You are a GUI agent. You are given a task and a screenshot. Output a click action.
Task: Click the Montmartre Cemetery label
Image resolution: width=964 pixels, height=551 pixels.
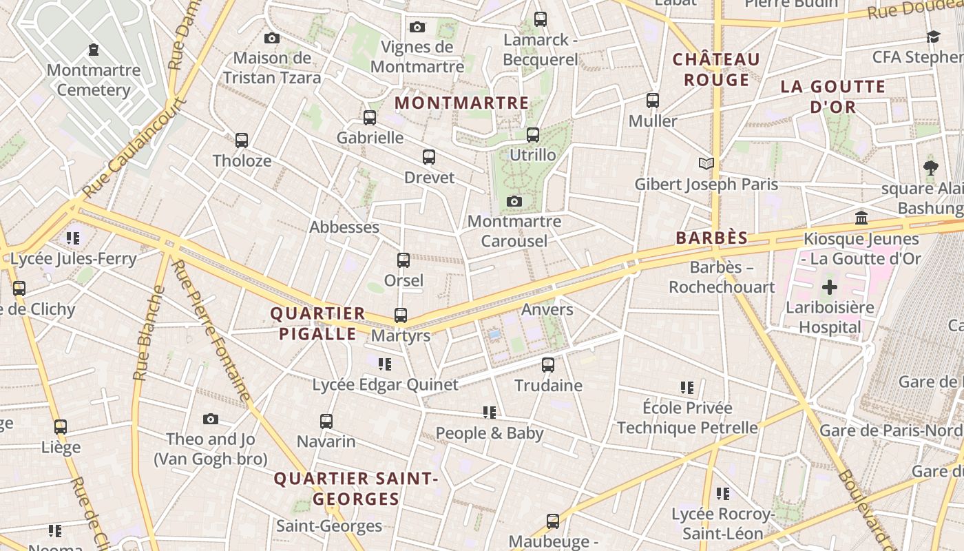pos(94,80)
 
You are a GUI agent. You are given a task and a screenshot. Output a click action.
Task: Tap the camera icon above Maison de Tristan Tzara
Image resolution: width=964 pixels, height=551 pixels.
pos(272,39)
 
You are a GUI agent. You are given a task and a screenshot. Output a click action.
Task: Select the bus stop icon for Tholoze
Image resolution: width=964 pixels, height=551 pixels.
pos(242,141)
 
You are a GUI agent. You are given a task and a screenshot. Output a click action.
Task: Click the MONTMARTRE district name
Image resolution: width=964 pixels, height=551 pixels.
pos(461,103)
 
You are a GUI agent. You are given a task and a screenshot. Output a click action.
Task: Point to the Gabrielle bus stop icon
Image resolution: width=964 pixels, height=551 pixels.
pos(370,118)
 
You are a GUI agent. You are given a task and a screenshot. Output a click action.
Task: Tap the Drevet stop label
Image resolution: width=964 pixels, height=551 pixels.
pos(429,178)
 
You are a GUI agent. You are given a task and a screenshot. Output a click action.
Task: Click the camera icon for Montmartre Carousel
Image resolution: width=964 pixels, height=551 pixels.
pos(514,202)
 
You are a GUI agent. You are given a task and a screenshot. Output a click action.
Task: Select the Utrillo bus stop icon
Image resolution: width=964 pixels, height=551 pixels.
pos(533,135)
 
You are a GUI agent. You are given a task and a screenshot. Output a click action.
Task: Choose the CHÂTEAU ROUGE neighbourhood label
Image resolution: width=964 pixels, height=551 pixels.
pos(716,70)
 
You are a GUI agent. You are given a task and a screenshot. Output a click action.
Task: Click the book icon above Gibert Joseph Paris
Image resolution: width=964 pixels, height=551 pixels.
pos(706,163)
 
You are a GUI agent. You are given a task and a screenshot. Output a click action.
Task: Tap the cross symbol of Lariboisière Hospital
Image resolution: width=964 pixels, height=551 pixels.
pos(830,287)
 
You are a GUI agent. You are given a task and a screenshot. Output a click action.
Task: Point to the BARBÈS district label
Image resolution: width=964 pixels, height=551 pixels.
pos(711,238)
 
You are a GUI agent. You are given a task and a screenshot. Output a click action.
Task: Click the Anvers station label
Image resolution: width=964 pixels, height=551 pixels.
pos(547,309)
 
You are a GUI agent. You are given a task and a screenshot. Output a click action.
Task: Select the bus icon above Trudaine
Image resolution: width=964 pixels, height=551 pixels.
pos(548,365)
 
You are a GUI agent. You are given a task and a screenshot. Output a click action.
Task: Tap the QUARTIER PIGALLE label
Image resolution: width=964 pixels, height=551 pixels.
pos(317,324)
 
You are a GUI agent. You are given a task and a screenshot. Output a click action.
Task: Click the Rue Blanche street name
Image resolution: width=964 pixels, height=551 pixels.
pos(149,333)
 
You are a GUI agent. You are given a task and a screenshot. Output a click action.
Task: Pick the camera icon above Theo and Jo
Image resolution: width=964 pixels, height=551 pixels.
pos(211,419)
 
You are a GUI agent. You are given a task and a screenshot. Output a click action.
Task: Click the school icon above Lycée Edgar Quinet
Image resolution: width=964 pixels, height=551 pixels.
pos(385,364)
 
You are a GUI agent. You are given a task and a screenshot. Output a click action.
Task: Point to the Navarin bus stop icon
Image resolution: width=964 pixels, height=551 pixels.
pos(326,421)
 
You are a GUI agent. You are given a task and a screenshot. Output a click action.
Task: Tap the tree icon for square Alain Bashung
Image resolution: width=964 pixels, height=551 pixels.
pos(931,167)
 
